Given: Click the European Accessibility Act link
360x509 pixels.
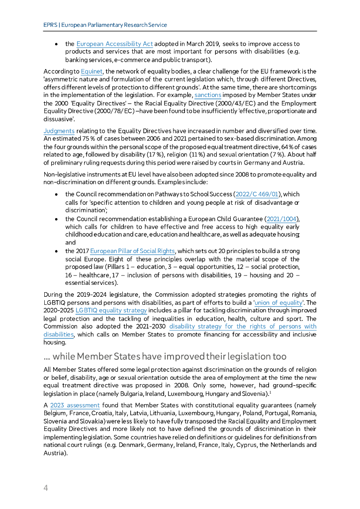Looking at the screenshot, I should tap(114, 44).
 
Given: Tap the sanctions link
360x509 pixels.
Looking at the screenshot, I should tap(208, 94).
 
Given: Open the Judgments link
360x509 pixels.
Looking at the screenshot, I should tap(59, 131).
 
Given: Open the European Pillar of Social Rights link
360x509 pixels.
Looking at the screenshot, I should tap(132, 252).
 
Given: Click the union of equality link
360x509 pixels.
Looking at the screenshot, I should tap(284, 303).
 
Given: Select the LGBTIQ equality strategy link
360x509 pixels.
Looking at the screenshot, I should tap(111, 310).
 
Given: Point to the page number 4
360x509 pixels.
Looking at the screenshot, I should tap(46, 488).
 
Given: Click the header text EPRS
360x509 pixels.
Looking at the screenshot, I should tap(49, 25).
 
